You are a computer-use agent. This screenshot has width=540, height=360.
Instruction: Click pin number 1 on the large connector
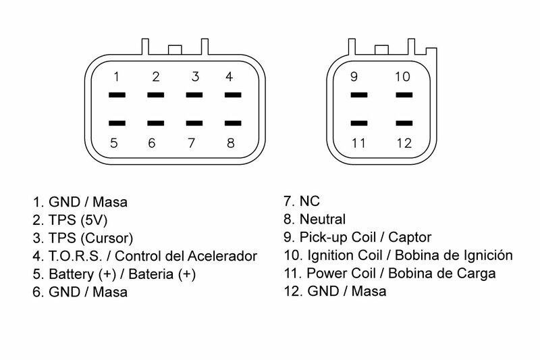coord(117,76)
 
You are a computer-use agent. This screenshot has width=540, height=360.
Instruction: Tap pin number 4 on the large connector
coord(230,76)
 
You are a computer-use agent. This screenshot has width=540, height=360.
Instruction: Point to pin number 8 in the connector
coord(230,143)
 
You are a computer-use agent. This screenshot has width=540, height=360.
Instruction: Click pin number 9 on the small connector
coord(354,76)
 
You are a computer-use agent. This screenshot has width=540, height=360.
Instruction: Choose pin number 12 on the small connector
coord(403,143)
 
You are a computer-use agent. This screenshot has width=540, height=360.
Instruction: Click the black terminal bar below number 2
coord(156,95)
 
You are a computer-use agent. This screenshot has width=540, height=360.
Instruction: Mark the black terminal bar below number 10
coord(403,95)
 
